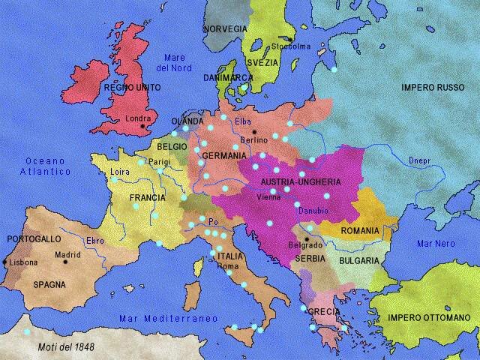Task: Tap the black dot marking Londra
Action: click(142, 127)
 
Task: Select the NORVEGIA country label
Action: click(224, 28)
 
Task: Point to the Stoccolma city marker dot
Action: click(288, 38)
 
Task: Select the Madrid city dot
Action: click(67, 262)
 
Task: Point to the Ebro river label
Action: click(95, 241)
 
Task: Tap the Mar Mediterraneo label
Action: click(168, 319)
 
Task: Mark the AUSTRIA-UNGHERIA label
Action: click(300, 182)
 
